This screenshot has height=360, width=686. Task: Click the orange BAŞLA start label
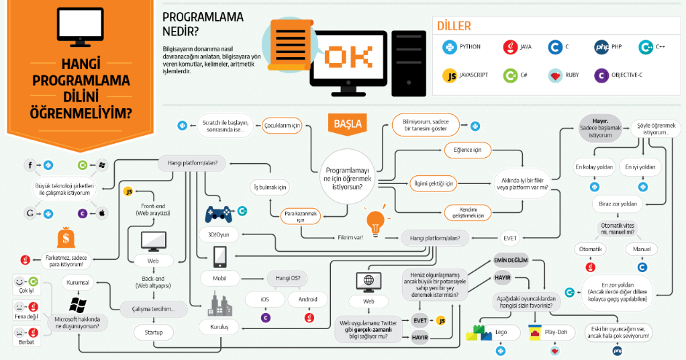pyautogui.click(x=347, y=124)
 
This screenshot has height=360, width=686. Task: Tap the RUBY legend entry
pyautogui.click(x=564, y=75)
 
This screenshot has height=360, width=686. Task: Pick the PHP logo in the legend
pyautogui.click(x=601, y=47)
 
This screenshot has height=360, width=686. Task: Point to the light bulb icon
pyautogui.click(x=375, y=220)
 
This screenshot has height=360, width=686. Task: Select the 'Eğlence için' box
pyautogui.click(x=467, y=150)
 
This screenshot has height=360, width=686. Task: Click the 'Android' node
pyautogui.click(x=308, y=298)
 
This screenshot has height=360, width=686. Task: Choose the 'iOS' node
pyautogui.click(x=265, y=298)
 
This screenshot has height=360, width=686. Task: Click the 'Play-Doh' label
pyautogui.click(x=556, y=332)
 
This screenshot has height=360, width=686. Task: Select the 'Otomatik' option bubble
pyautogui.click(x=591, y=249)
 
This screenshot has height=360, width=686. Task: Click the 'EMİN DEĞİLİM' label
pyautogui.click(x=511, y=260)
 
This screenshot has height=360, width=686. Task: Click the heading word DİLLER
pyautogui.click(x=454, y=26)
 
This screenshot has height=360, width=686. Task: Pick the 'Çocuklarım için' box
pyautogui.click(x=283, y=126)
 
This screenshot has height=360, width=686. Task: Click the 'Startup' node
pyautogui.click(x=154, y=332)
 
